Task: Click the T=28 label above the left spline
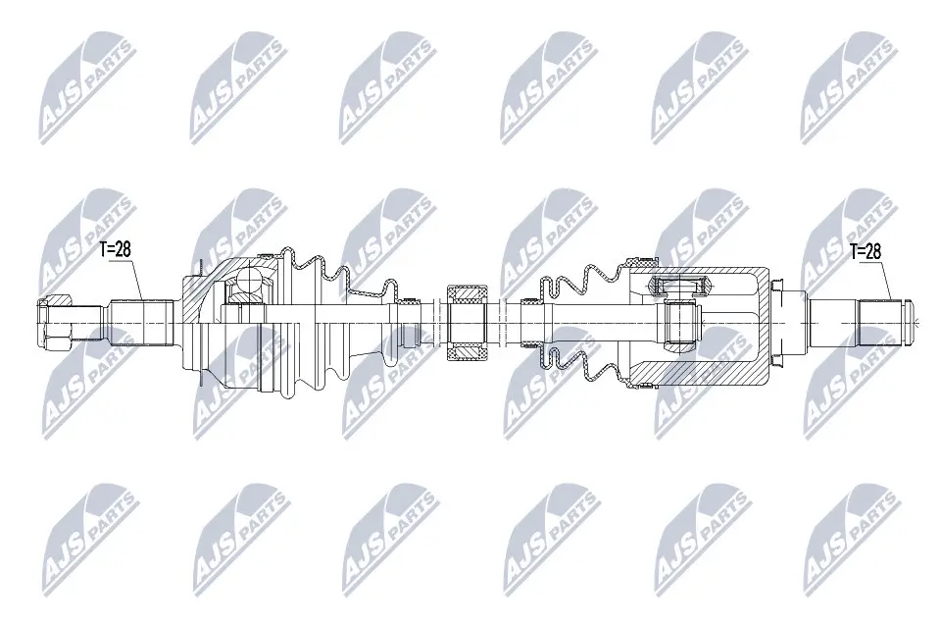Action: click(x=115, y=249)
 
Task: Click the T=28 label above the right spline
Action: click(x=865, y=251)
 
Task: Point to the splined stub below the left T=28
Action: click(x=140, y=323)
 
